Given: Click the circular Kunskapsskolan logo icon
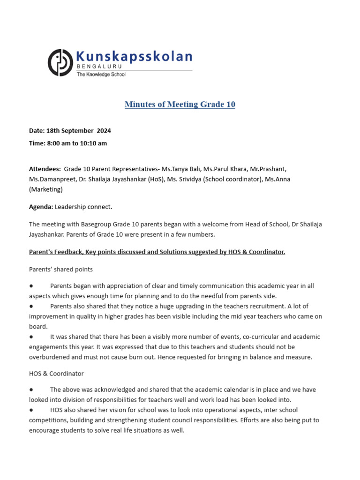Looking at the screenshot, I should click(x=60, y=62).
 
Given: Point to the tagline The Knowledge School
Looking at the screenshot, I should click(x=101, y=75).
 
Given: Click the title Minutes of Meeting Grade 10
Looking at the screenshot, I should click(x=180, y=105).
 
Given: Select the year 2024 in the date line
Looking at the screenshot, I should click(x=104, y=131).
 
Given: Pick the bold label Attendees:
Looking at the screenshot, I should click(x=45, y=169).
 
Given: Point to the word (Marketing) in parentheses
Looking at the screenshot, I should click(x=45, y=189).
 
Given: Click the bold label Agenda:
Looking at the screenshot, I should click(x=41, y=207).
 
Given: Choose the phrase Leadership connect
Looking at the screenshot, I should click(x=83, y=207).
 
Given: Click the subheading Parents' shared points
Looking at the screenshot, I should click(x=61, y=270).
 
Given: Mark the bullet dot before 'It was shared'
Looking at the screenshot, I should click(x=31, y=337).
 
